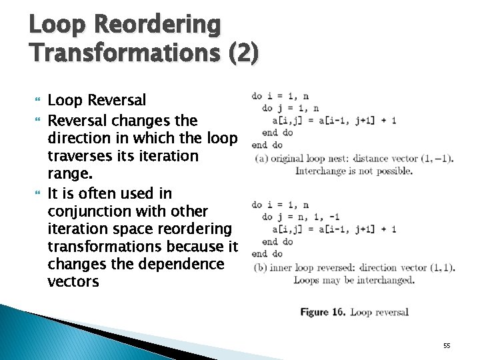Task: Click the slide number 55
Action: click(x=447, y=345)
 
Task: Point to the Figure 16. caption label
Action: click(x=323, y=312)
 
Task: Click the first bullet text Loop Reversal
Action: click(x=97, y=101)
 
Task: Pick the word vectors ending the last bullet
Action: click(x=73, y=282)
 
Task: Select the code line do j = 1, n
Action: click(x=290, y=108)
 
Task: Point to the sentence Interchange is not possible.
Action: click(x=353, y=171)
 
